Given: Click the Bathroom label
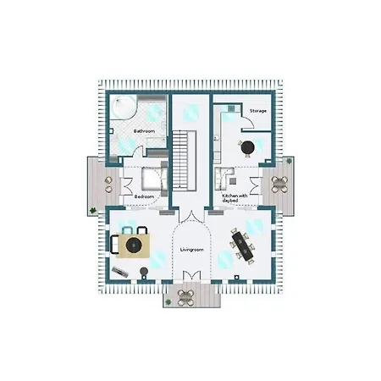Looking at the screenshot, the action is click(144, 131).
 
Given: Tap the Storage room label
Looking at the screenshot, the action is click(258, 111).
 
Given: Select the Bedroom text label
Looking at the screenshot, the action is click(144, 196).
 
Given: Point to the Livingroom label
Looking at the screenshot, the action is click(191, 250).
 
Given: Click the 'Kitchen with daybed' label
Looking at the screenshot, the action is click(235, 198).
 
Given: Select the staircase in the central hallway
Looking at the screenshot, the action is click(185, 161).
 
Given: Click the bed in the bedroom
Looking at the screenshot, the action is click(154, 179).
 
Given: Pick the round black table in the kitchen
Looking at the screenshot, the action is click(248, 147).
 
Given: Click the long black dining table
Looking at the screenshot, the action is click(243, 246).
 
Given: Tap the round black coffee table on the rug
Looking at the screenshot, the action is click(134, 245).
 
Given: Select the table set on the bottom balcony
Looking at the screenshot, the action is click(186, 297).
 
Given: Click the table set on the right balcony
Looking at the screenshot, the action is click(279, 185).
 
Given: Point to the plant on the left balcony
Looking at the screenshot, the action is click(92, 210).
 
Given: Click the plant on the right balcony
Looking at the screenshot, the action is click(289, 161).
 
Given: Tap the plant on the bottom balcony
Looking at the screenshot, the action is click(168, 302).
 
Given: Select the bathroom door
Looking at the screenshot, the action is click(138, 151).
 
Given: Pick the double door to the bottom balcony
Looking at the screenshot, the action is click(192, 275).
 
